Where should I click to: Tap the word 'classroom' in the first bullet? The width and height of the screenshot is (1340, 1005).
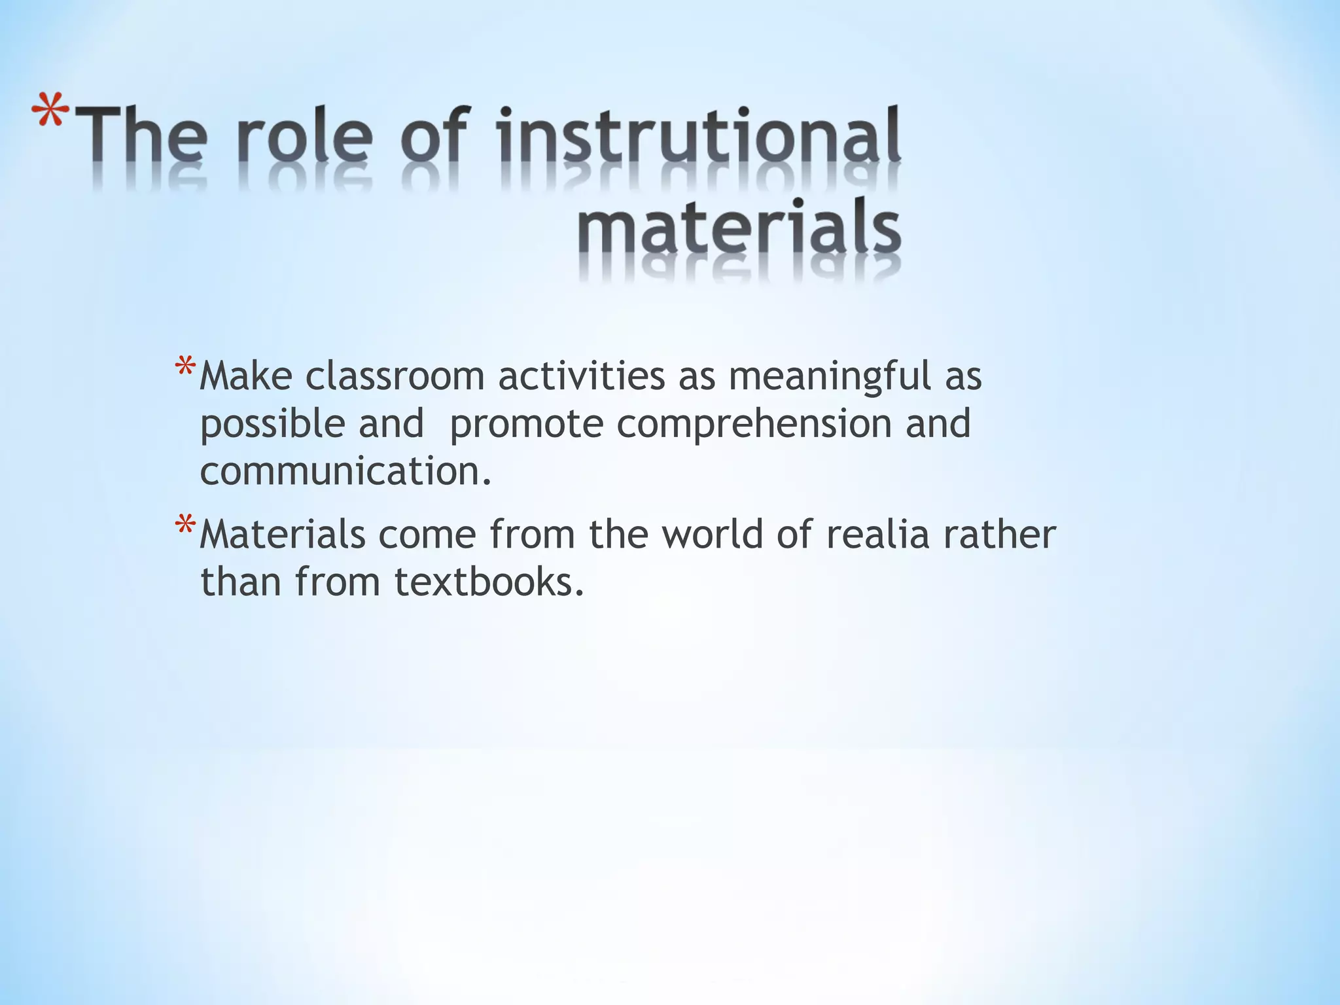[x=395, y=376]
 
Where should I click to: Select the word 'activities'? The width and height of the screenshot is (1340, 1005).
[x=581, y=376]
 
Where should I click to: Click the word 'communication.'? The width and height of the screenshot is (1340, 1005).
[x=345, y=471]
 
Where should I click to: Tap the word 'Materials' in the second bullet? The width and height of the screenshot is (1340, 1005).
[x=282, y=535]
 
